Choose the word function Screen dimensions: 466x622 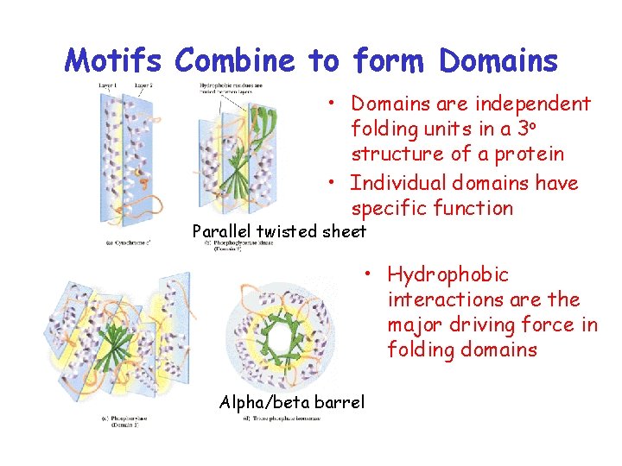(473, 208)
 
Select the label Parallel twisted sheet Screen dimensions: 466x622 (278, 231)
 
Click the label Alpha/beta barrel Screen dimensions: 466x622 (292, 401)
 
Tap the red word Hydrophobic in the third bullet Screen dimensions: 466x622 (447, 275)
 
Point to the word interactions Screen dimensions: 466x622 (444, 299)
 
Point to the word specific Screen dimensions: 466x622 (388, 208)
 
